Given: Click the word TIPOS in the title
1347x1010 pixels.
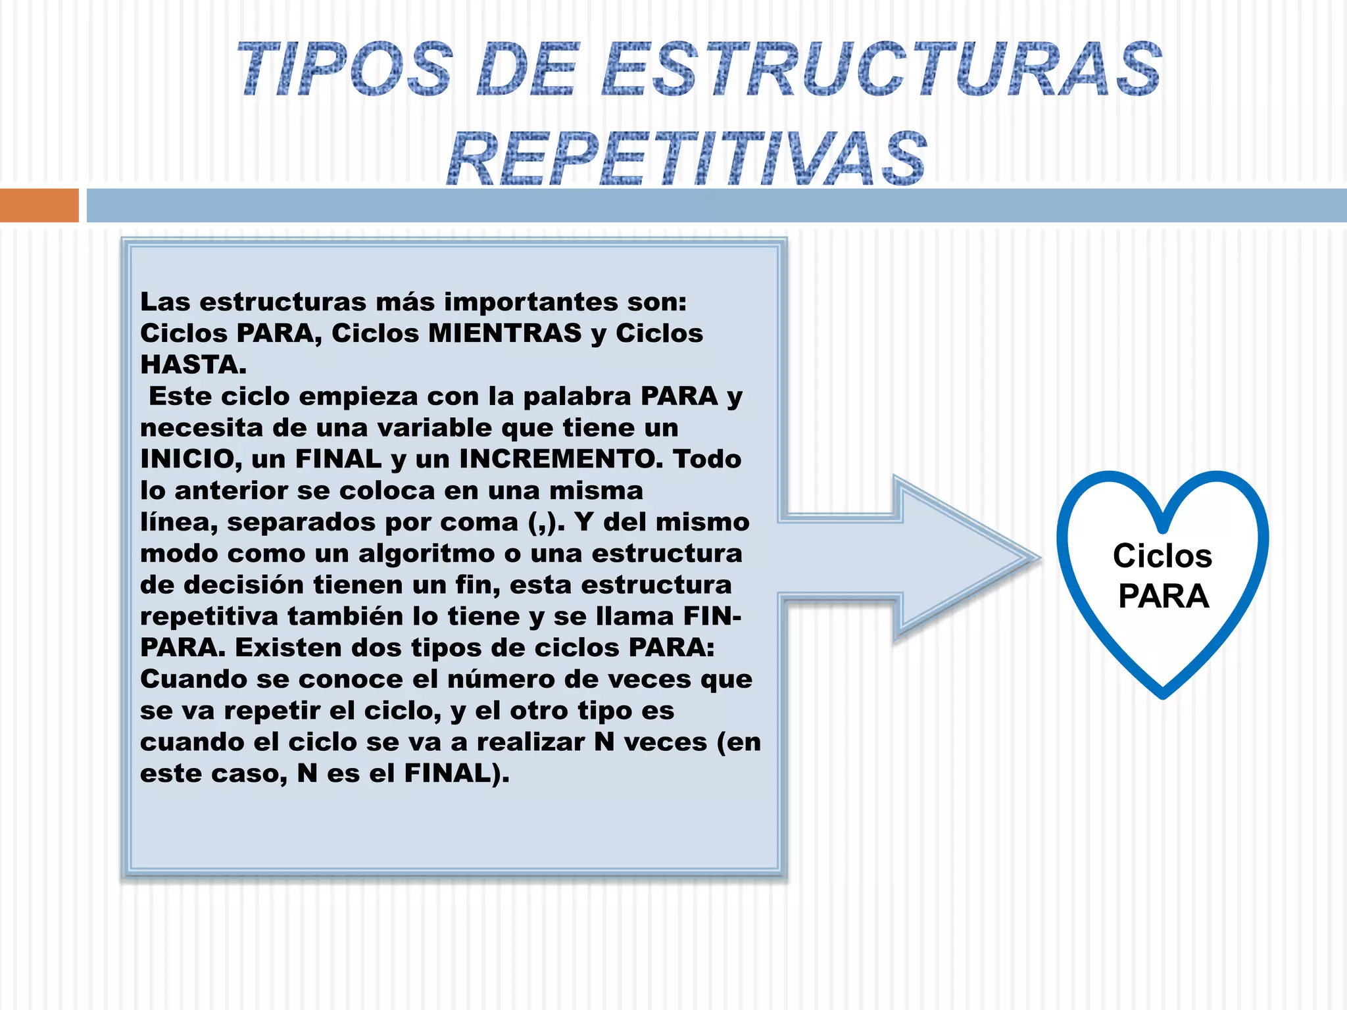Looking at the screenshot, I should [345, 69].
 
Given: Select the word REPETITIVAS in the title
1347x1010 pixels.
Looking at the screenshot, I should [687, 158].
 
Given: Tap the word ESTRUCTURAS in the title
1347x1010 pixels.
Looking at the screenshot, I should [881, 69].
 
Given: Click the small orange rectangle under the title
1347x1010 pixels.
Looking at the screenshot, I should [39, 205].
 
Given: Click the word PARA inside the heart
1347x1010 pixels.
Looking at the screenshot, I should [1163, 596].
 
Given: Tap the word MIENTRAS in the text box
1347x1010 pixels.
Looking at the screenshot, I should [504, 333].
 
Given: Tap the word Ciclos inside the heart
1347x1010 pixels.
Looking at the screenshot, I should [1162, 556].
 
